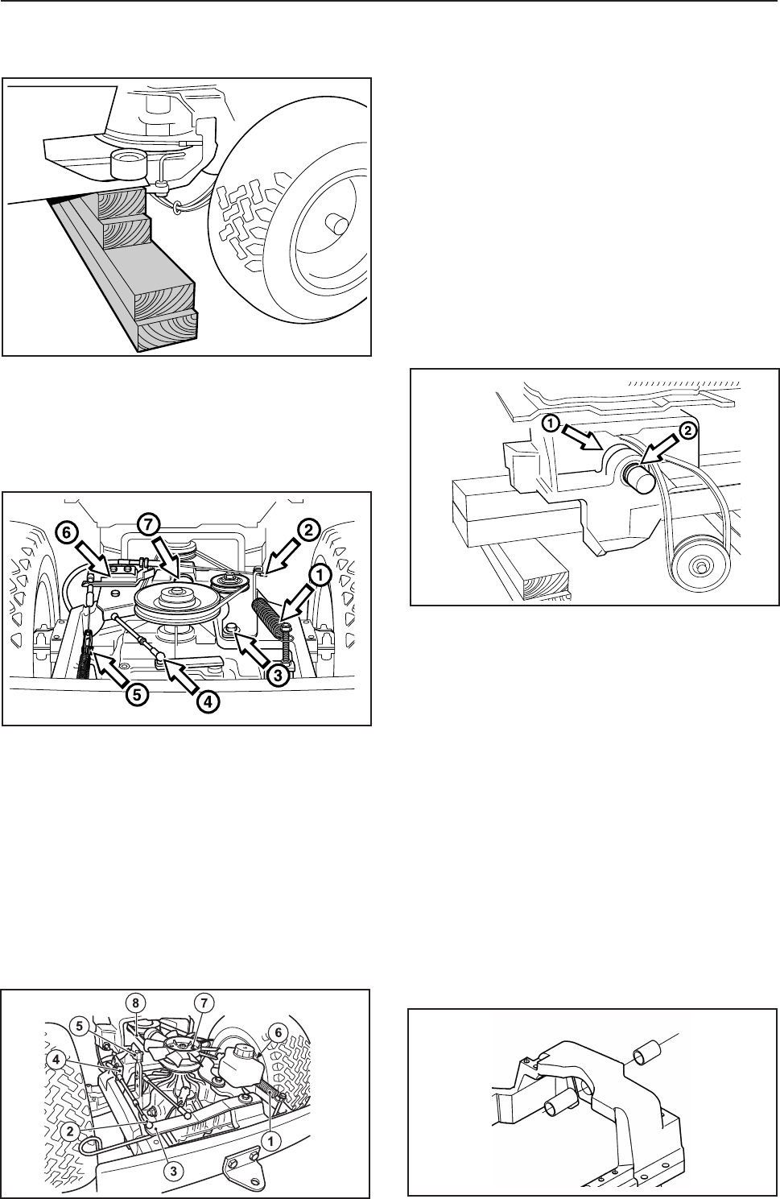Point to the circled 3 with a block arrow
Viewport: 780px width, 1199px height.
pos(278,676)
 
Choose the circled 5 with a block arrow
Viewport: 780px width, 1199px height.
pos(138,694)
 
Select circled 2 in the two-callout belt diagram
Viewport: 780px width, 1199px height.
pos(688,430)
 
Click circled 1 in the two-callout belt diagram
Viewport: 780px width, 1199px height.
pos(551,424)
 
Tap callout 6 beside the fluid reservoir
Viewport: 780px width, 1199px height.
pos(279,1032)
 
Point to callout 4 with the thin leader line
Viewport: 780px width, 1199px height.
pos(60,1059)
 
